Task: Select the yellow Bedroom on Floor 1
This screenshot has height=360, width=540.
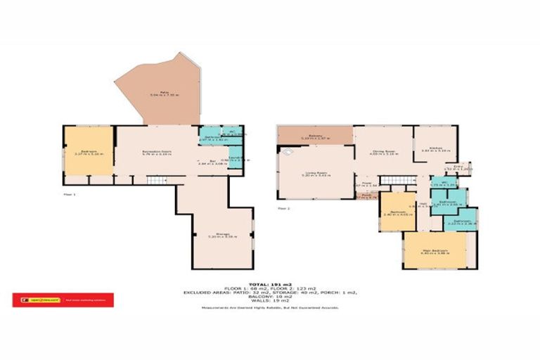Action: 88,150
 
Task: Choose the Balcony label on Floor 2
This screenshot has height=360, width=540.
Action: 314,136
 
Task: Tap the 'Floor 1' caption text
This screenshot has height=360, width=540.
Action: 69,193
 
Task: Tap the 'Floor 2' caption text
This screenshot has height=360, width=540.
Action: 283,209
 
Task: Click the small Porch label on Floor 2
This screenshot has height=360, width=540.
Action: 366,196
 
